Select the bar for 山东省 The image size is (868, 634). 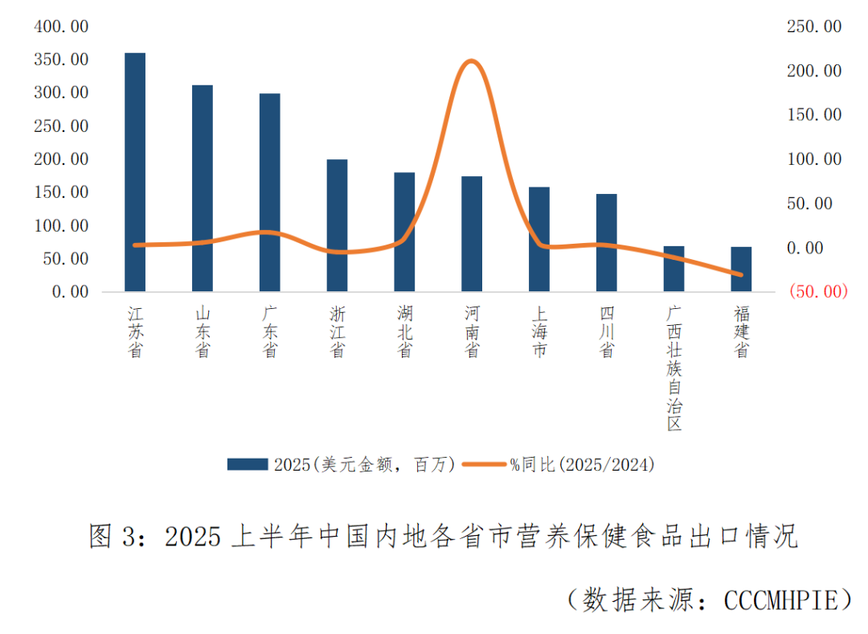coord(203,188)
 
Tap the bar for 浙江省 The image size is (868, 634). coord(337,225)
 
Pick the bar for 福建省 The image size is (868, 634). coord(741,269)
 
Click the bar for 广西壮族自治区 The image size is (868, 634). coord(674,269)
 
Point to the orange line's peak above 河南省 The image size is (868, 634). coord(472,61)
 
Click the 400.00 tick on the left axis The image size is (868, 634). coord(61,27)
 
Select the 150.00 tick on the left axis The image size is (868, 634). coord(61,192)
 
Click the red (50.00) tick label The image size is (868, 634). coord(818,291)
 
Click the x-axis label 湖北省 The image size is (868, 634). coord(404,331)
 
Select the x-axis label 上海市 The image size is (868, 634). coord(539,331)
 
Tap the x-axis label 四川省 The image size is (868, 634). coord(607,331)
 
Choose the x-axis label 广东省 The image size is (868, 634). coord(270,331)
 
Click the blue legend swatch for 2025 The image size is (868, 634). coord(247,464)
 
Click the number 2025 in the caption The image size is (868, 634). coord(192,537)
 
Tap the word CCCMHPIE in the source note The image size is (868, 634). coord(779,599)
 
